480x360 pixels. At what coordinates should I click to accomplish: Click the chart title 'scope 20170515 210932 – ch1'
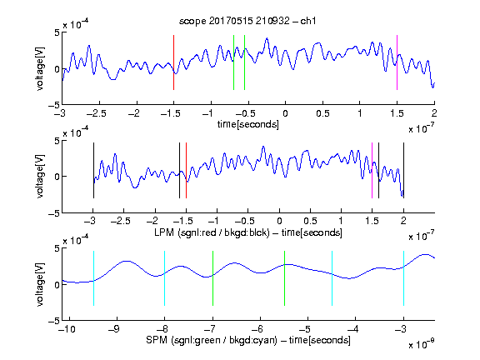click(x=247, y=21)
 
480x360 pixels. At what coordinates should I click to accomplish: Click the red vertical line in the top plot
click(x=173, y=62)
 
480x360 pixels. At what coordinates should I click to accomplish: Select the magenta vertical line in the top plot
click(x=397, y=62)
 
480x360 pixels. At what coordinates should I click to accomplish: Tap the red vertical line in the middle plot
click(x=186, y=171)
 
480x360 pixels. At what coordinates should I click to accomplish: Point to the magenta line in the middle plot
click(x=372, y=171)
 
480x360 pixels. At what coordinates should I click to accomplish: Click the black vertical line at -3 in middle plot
click(x=93, y=171)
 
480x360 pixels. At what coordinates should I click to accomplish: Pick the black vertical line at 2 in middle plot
click(x=403, y=171)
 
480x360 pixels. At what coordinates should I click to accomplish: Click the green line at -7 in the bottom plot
click(x=212, y=278)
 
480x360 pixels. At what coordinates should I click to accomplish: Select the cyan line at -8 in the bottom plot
click(x=165, y=278)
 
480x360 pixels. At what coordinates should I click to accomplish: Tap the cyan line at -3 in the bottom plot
click(x=403, y=278)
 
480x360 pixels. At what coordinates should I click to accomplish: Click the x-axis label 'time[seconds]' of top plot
click(x=248, y=125)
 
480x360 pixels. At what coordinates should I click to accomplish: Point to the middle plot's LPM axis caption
click(x=248, y=232)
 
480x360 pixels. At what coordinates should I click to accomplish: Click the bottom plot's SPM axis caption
click(x=248, y=340)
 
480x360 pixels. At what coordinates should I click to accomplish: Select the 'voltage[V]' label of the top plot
click(x=40, y=68)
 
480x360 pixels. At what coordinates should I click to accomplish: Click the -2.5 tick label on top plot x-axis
click(x=97, y=113)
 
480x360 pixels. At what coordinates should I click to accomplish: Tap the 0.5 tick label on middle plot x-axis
click(x=310, y=221)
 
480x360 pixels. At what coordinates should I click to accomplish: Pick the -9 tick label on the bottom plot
click(x=114, y=329)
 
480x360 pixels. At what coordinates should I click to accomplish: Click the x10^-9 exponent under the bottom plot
click(x=421, y=344)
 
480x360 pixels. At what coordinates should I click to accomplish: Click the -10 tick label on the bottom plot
click(x=67, y=329)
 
